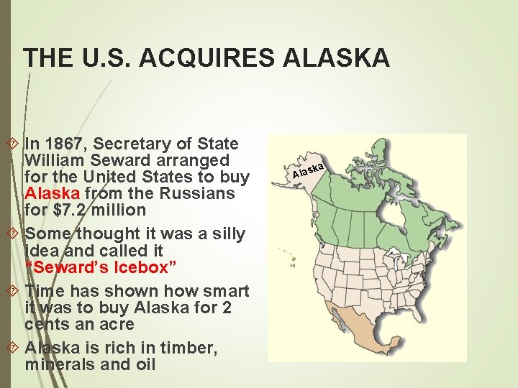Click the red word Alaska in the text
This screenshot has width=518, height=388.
(x=53, y=193)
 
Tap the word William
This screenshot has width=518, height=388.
(x=54, y=160)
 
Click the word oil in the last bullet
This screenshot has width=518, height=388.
(x=144, y=364)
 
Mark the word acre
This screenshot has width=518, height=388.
(x=116, y=324)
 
